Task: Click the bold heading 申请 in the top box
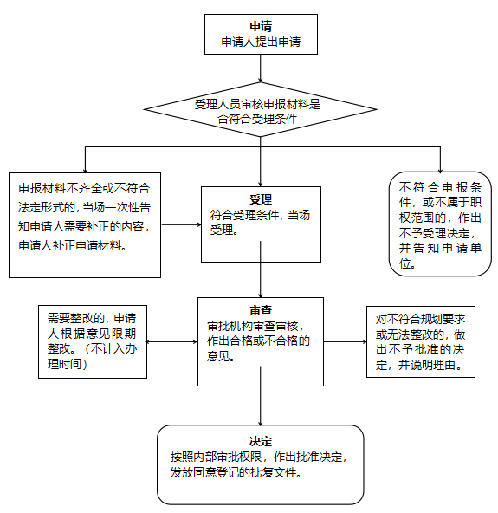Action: [261, 25]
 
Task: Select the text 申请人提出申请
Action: [261, 41]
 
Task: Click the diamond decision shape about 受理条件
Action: [259, 111]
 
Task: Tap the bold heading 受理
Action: [261, 198]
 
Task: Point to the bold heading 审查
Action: [261, 309]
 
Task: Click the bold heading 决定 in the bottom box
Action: [261, 440]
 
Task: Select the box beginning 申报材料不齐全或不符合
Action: [84, 224]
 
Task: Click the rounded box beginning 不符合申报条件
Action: [440, 224]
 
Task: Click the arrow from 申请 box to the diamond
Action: [261, 71]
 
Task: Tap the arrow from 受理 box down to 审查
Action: [261, 279]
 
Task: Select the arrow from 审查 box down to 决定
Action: [261, 404]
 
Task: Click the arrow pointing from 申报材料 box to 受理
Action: [180, 224]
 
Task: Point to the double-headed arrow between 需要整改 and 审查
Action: [172, 341]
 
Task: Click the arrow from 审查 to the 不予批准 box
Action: [345, 341]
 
